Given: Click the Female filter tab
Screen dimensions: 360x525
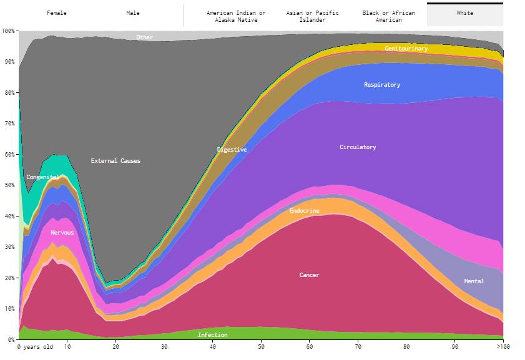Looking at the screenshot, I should click(56, 13).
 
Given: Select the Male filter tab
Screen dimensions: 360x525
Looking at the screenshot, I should click(133, 13).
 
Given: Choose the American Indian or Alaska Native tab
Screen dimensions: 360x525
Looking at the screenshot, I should click(236, 16).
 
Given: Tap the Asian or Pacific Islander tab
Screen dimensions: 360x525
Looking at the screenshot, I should click(312, 16).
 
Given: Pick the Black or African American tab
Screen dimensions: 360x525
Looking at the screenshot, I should click(388, 16).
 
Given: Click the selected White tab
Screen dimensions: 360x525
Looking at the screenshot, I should click(464, 14).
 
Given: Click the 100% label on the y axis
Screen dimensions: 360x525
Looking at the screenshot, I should click(9, 31).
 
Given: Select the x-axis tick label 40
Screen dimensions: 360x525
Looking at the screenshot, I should click(213, 347).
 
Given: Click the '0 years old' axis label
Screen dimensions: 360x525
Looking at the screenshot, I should click(35, 347).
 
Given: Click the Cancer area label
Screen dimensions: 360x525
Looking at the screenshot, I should click(309, 275).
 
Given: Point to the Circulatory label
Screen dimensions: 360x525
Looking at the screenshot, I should click(358, 147).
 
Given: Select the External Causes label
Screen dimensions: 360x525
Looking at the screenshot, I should click(115, 161).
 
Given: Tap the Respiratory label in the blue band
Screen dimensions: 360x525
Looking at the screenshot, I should click(382, 85).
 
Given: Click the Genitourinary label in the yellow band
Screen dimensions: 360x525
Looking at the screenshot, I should click(406, 49).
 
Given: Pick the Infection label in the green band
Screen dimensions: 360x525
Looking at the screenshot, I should click(212, 335).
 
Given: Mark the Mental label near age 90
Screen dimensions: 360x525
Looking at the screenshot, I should click(474, 281).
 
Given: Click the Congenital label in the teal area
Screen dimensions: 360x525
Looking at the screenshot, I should click(42, 177).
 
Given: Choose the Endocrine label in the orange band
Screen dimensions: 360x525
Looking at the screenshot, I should click(304, 211).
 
